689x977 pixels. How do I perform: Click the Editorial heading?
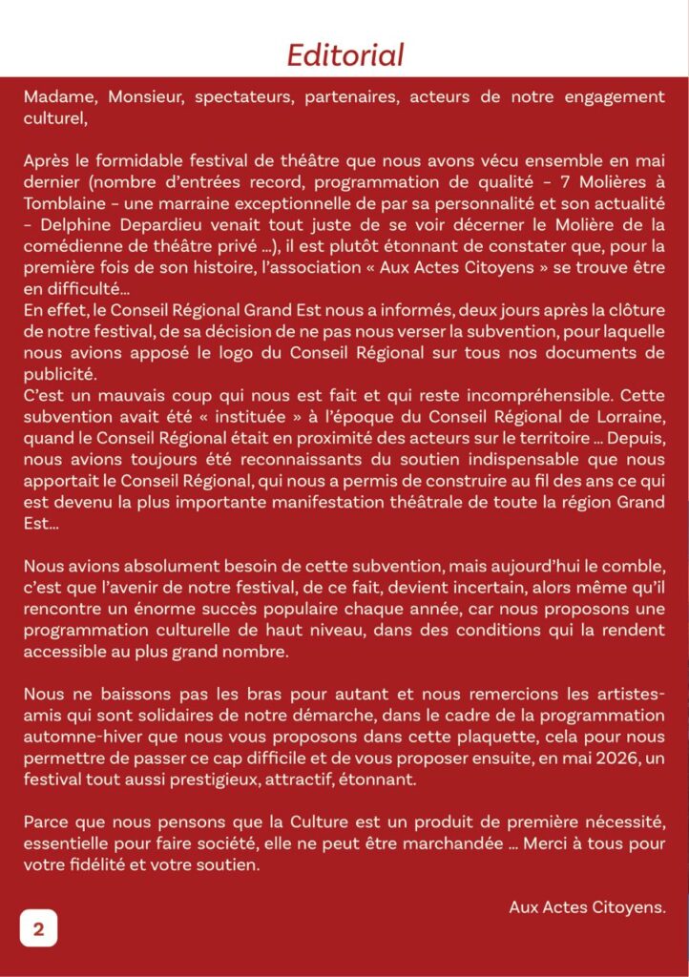(345, 55)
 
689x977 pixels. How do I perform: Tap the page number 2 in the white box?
(39, 927)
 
